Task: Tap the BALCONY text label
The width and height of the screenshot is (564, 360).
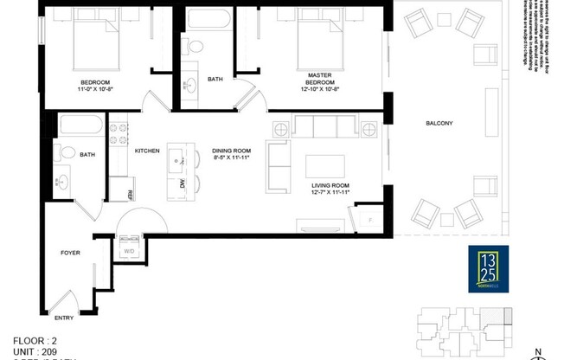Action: (x=439, y=123)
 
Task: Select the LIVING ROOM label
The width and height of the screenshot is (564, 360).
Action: (x=330, y=185)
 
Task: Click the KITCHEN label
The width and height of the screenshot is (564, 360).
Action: (x=147, y=151)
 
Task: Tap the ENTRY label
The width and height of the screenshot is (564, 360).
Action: (x=65, y=318)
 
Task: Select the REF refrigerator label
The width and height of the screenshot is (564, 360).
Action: (x=130, y=194)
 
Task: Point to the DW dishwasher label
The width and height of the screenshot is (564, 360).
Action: (x=182, y=184)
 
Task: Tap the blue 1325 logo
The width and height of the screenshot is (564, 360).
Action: (x=489, y=267)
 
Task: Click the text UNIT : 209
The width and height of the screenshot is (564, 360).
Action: (x=35, y=350)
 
